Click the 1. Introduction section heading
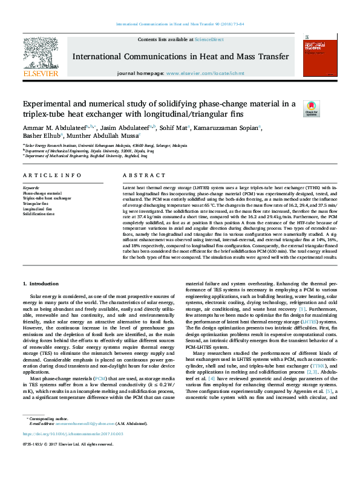point(41,284)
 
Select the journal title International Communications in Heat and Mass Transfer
point(180,56)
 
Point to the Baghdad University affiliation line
point(78,155)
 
